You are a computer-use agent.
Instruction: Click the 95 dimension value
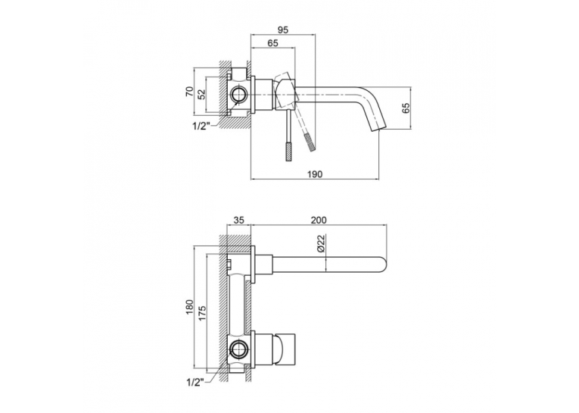tap(282, 30)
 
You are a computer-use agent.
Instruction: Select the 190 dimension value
tap(315, 174)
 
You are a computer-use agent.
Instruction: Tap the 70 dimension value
tap(188, 91)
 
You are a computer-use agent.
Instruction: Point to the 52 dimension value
tap(201, 94)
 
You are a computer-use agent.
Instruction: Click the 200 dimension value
tap(319, 220)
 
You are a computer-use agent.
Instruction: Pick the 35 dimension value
tap(239, 220)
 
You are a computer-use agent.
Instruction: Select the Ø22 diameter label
tap(320, 244)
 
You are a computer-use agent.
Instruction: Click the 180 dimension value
tap(189, 307)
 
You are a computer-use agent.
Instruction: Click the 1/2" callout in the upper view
tap(201, 126)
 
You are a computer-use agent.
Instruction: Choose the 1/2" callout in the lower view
tap(195, 383)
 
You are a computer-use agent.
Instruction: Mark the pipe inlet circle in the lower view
tap(238, 348)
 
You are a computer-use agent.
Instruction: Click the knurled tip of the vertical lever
tap(289, 151)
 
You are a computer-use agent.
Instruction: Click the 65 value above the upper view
tap(272, 43)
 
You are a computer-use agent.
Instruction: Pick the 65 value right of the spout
tap(406, 108)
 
